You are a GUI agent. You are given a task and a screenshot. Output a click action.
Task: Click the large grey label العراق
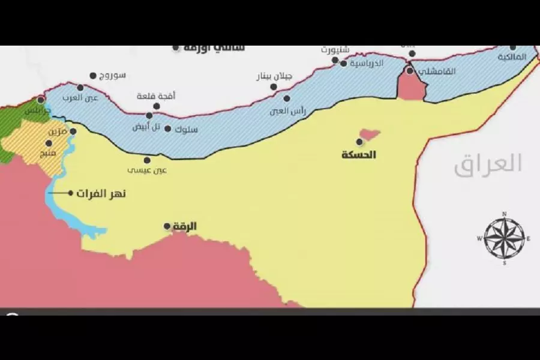pos(488,163)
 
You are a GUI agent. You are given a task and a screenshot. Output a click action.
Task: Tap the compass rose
pos(504,238)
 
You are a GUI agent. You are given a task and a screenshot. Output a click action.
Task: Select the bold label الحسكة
pos(358,155)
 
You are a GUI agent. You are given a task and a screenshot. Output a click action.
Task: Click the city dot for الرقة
pos(167,226)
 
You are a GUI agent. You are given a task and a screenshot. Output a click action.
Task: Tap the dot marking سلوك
pos(167,129)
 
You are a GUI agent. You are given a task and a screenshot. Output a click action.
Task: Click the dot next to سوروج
pos(93,76)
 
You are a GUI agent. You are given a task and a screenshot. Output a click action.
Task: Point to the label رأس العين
pos(307,108)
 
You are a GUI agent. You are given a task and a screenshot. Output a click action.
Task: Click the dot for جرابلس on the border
pos(41,100)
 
